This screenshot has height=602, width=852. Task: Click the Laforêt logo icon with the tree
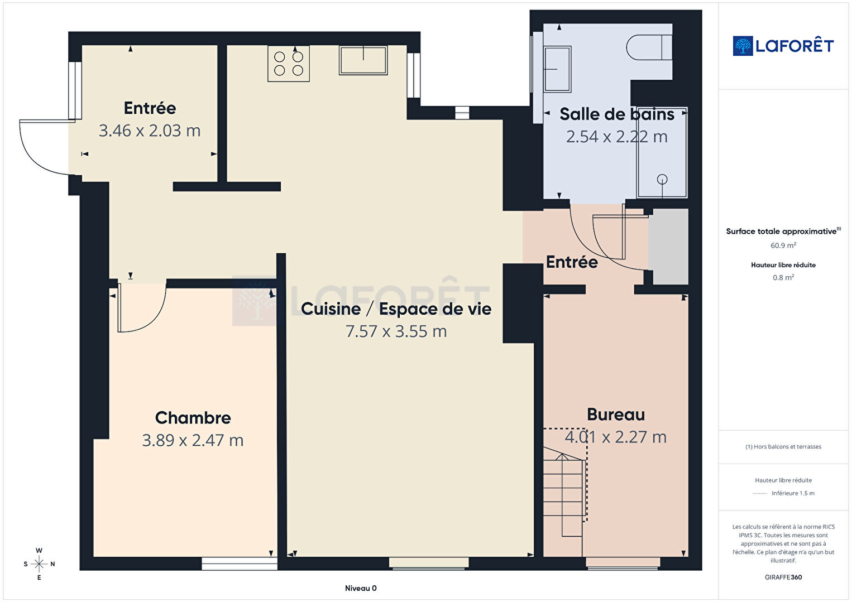[743, 46]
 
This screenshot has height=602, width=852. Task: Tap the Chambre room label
[193, 418]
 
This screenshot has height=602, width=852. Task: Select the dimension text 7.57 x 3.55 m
[396, 331]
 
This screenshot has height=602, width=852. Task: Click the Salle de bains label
[617, 114]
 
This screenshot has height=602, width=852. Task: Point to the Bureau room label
[616, 414]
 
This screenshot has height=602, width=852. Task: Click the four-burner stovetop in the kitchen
[288, 64]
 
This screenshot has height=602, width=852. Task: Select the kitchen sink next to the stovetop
[363, 60]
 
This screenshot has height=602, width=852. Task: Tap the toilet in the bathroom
[649, 47]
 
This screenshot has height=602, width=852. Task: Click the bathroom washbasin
[557, 69]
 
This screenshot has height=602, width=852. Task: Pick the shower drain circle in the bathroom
[662, 179]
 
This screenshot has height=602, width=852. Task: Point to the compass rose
[39, 564]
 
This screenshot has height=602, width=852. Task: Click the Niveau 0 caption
[361, 588]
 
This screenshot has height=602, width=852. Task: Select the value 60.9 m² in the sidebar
[783, 245]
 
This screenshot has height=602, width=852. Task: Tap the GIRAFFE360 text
[783, 577]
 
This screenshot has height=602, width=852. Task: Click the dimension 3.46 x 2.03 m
[150, 131]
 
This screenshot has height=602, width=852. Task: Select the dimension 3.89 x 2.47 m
[193, 440]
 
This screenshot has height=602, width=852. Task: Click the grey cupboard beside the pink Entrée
[668, 246]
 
